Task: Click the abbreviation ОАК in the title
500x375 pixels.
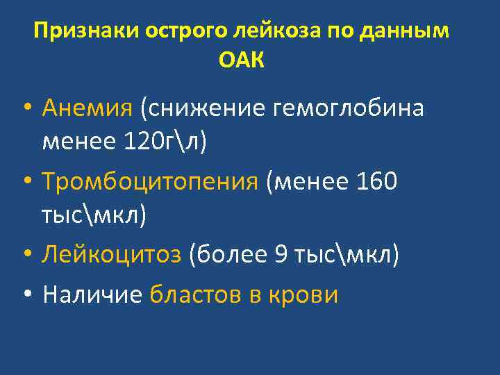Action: (242, 61)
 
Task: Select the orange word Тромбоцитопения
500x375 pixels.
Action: (149, 182)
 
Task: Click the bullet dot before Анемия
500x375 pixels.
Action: (25, 110)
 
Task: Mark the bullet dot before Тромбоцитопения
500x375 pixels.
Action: (25, 183)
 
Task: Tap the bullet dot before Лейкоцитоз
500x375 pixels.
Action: (25, 256)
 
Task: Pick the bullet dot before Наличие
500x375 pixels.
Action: (25, 296)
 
